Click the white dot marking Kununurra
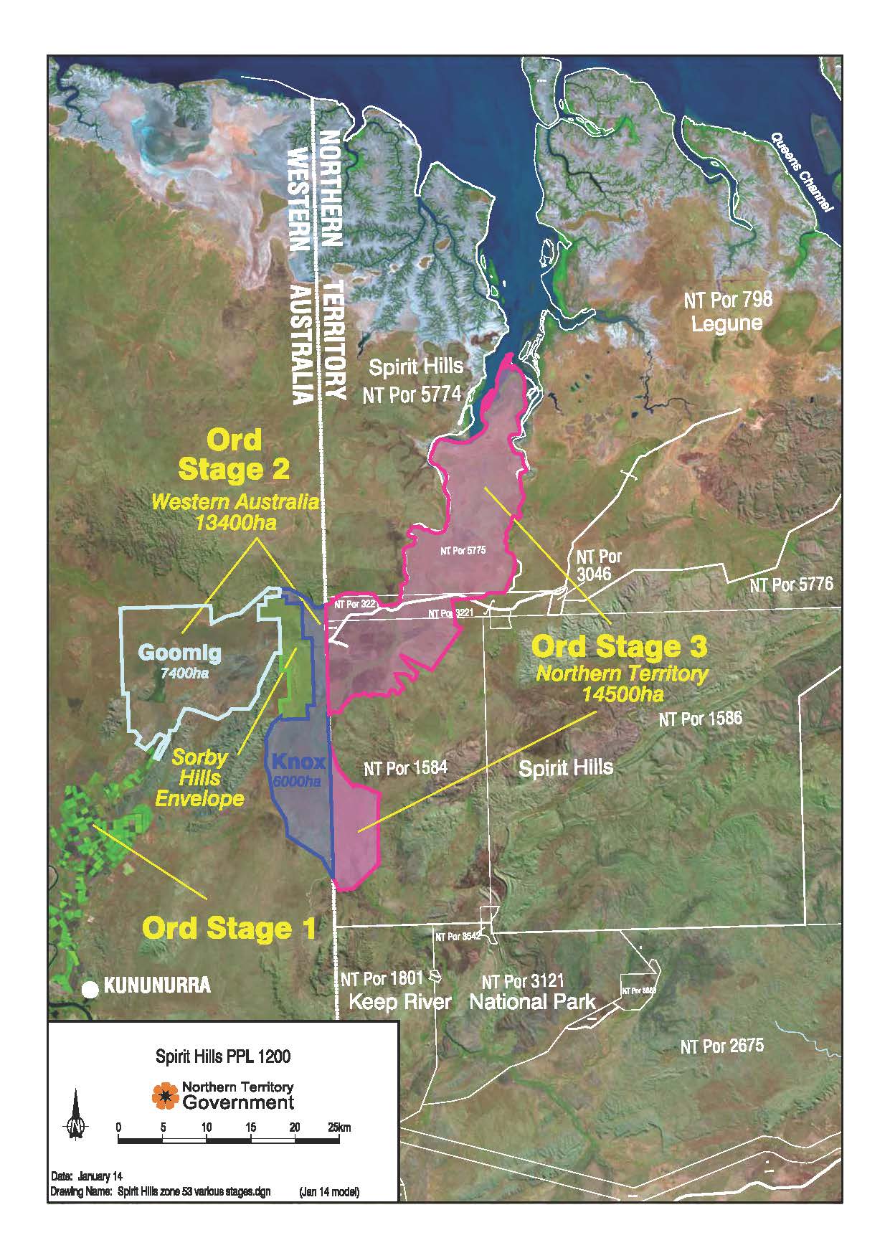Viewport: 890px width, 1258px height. tap(90, 989)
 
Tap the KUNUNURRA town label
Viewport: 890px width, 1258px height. tap(158, 985)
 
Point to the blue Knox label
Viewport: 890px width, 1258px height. tap(298, 762)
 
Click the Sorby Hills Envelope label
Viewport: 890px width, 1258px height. tap(209, 777)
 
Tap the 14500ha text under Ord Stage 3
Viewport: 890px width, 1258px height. tap(622, 694)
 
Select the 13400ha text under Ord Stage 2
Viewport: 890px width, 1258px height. tap(235, 521)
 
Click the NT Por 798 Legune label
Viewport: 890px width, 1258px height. tap(727, 311)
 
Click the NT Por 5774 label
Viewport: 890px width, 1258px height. tap(411, 394)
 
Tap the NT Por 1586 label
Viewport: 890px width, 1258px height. tap(701, 718)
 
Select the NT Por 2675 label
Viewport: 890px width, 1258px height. tap(721, 1046)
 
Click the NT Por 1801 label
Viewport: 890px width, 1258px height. tap(382, 979)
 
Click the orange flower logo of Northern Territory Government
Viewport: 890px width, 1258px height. tap(165, 1095)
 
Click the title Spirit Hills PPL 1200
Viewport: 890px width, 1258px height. tap(223, 1056)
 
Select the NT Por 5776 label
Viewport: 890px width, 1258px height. tap(792, 585)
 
